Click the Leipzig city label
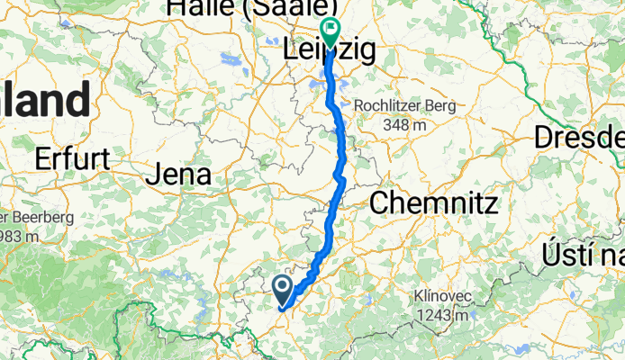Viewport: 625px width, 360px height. tap(329, 51)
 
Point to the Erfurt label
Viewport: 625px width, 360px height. tap(72, 159)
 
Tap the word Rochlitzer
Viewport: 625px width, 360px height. tap(384, 106)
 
